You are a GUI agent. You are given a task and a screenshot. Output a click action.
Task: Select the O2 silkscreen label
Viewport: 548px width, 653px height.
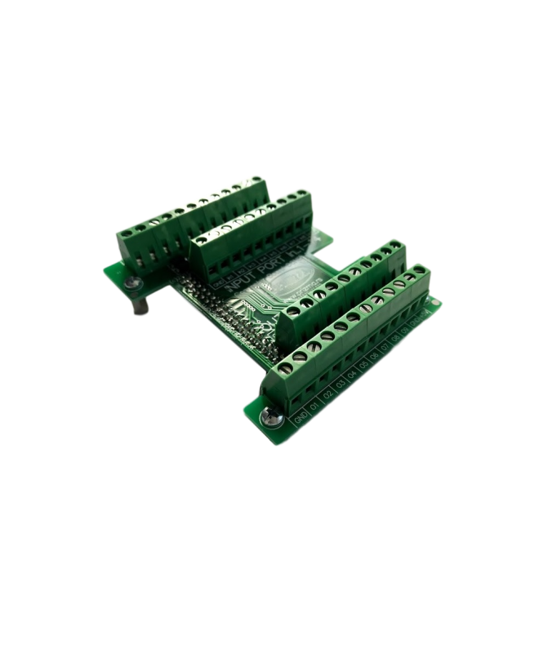click(x=328, y=393)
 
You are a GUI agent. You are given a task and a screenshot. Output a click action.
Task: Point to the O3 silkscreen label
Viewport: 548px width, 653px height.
click(x=341, y=383)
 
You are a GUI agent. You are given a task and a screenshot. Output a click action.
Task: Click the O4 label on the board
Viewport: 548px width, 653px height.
click(x=353, y=373)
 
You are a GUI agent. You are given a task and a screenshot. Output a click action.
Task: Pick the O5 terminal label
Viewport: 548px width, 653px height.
click(x=364, y=364)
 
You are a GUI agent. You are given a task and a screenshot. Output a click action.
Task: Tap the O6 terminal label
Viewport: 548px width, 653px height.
click(x=375, y=355)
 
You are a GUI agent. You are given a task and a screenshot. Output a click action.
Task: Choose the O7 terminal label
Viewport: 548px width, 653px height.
click(x=385, y=346)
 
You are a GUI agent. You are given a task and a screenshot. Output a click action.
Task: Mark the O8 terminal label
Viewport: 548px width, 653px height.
click(x=395, y=338)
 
